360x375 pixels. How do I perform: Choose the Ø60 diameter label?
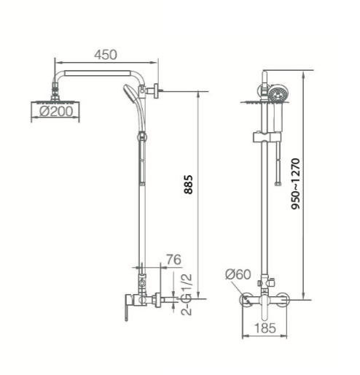pos(238,274)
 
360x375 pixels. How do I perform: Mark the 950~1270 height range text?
pos(295,186)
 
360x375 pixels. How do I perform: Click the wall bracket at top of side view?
pos(154,91)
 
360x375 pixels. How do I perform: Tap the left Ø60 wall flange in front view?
pos(247,300)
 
